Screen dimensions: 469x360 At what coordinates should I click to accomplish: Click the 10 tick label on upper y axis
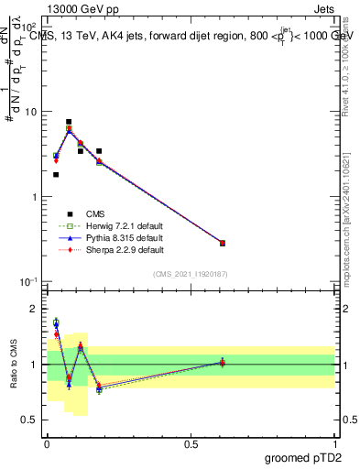pyautogui.click(x=30, y=112)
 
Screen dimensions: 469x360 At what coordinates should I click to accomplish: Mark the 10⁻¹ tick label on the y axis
pyautogui.click(x=27, y=282)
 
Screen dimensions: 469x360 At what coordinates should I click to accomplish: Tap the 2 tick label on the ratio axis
pyautogui.click(x=34, y=309)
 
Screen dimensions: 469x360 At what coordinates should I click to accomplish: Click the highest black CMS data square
pyautogui.click(x=69, y=122)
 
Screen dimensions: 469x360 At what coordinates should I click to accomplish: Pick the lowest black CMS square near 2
pyautogui.click(x=56, y=174)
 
